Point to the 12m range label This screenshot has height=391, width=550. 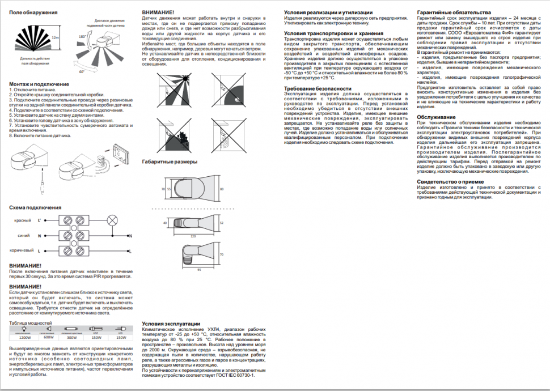tap(55, 37)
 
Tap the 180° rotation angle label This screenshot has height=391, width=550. tap(82, 36)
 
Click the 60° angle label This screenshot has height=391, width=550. tap(82, 72)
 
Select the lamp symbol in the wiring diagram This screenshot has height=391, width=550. tap(112, 220)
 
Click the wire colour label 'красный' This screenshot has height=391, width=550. tap(22, 220)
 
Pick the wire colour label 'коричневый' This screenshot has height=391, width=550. tap(20, 250)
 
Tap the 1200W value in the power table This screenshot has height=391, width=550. tap(24, 337)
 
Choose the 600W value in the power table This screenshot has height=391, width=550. tap(49, 337)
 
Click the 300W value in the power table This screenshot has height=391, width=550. tap(71, 337)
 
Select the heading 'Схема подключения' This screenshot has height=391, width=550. tap(35, 207)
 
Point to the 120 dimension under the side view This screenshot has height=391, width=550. tap(193, 235)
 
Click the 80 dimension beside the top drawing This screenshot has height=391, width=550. tap(222, 188)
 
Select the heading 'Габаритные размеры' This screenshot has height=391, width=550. tap(170, 161)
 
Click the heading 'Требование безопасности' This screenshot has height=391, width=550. tap(318, 89)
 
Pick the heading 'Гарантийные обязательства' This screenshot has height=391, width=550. tap(453, 12)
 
